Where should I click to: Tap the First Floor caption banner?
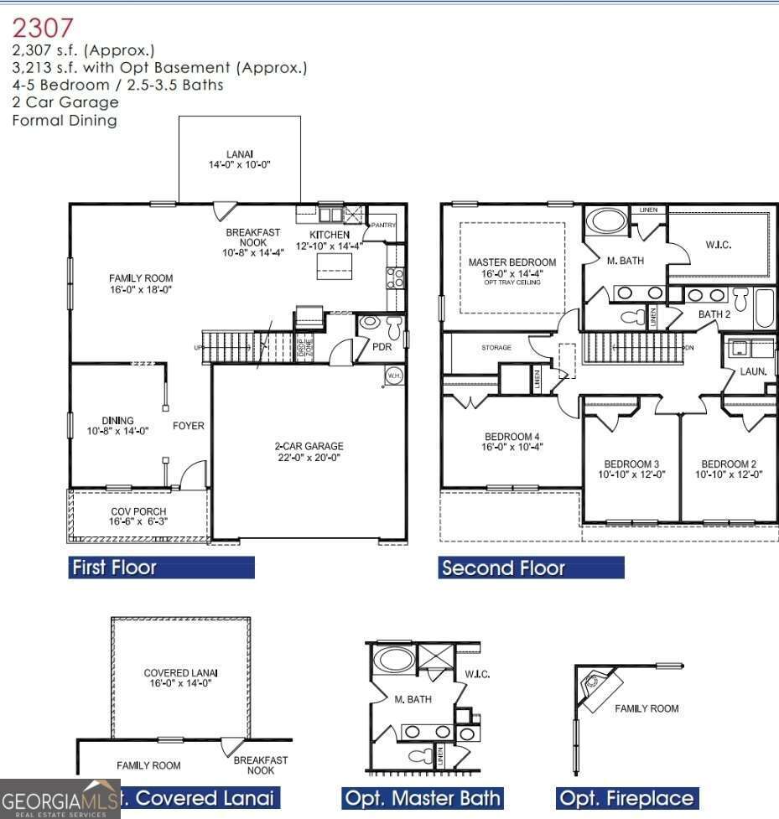coord(161,568)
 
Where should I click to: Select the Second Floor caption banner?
coord(531,568)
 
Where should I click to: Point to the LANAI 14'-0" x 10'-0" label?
coord(240,159)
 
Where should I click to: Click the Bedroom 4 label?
coord(512,442)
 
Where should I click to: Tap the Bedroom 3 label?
coord(631,469)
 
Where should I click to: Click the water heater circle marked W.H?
coord(393,376)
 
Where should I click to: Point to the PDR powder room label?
coord(382,346)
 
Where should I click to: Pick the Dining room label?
coord(118,426)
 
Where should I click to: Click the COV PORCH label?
coord(138,516)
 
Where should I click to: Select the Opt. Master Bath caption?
coord(423,798)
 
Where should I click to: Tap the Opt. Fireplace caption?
coord(626,798)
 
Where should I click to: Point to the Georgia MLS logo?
coord(60,798)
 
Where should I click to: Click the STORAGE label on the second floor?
coord(496,347)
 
